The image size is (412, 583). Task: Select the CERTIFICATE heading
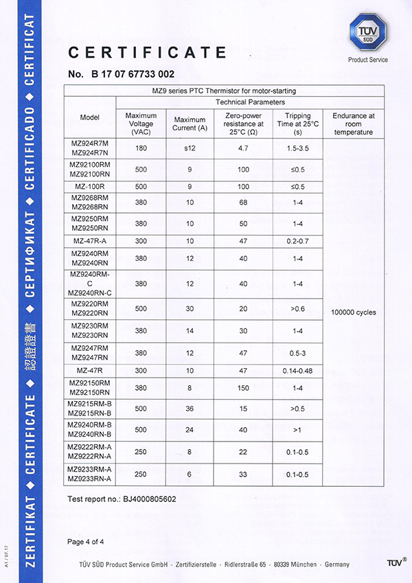pos(148,53)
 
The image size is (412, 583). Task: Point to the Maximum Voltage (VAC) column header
pos(141,123)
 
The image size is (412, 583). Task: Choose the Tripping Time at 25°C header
pos(297,123)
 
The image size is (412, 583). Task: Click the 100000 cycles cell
pos(353,312)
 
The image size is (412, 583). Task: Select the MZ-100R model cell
pos(90,187)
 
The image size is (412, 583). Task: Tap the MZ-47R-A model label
pos(90,241)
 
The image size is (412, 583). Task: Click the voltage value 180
pos(141,147)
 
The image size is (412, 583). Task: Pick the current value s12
pos(190,147)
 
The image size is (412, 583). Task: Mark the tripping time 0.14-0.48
pos(297,371)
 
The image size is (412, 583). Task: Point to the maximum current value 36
pos(190,408)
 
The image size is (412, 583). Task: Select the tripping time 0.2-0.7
pos(297,241)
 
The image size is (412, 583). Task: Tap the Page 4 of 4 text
pos(86,542)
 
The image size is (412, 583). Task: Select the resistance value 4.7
pos(244,147)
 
